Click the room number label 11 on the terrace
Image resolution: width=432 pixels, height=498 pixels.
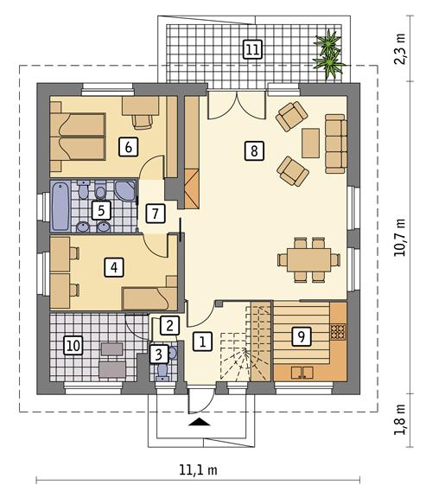(251, 48)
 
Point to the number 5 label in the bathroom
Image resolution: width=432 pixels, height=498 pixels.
(100, 210)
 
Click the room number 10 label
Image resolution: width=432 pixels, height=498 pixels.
(73, 346)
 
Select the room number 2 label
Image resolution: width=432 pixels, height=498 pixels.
(169, 326)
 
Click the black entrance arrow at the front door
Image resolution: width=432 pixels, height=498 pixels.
(199, 423)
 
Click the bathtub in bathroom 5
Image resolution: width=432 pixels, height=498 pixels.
(61, 206)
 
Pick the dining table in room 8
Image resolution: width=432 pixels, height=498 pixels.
(306, 258)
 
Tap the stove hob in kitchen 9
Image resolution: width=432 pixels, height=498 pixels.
(338, 330)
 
